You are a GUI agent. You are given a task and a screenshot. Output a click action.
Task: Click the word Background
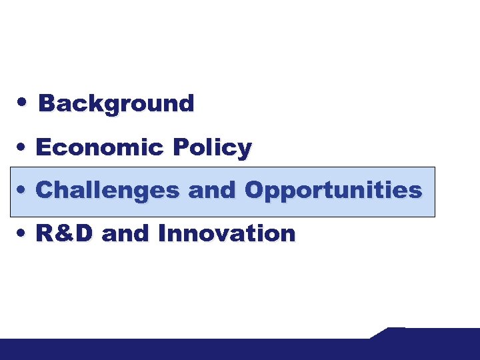click(116, 104)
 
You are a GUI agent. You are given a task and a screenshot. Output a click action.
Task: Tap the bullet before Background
click(23, 103)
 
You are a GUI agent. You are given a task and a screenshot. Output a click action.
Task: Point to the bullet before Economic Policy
click(23, 147)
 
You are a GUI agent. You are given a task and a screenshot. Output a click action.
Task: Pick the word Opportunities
click(333, 191)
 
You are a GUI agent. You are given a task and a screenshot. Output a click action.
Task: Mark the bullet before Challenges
click(23, 191)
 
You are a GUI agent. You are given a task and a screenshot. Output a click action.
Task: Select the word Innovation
click(227, 233)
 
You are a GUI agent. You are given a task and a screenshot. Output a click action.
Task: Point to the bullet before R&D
click(23, 233)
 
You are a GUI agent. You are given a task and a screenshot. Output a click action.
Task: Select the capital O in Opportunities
click(254, 191)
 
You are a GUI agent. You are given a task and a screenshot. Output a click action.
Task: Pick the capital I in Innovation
click(162, 233)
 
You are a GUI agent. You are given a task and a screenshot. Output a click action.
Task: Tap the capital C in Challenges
click(44, 191)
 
